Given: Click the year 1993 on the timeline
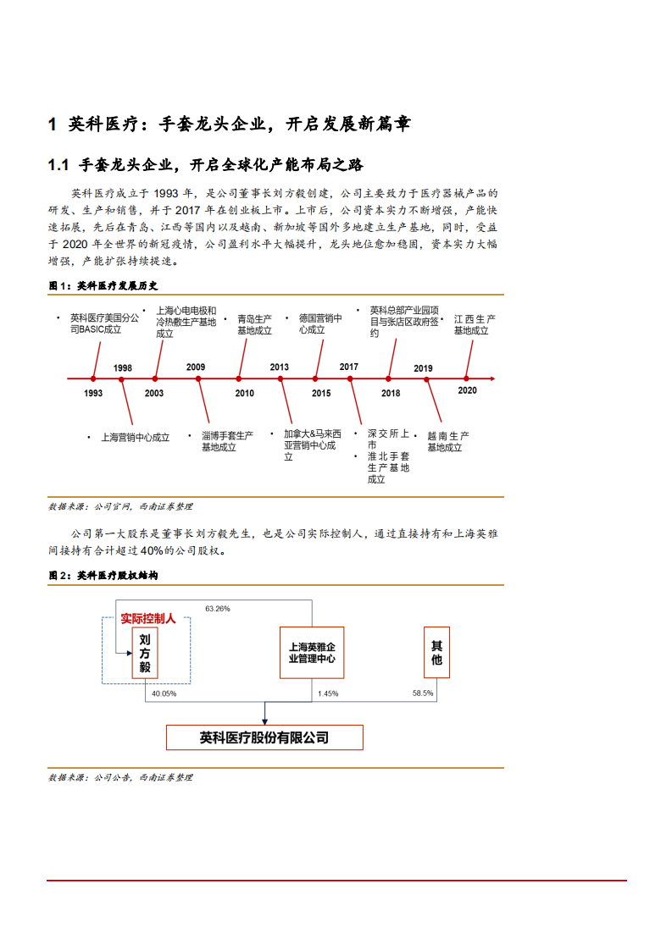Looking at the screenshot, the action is (93, 393).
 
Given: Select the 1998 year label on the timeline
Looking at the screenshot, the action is (123, 367).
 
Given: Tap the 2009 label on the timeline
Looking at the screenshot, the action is (196, 367).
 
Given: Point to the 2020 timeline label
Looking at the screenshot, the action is (467, 390).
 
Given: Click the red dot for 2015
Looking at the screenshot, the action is (315, 378).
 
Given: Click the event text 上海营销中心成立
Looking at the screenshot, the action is (135, 438).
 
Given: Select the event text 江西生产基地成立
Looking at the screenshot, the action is (474, 325).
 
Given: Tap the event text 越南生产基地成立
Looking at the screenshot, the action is (447, 441).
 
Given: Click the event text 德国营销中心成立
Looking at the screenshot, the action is (319, 324).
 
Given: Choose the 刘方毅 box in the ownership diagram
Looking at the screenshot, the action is (145, 653).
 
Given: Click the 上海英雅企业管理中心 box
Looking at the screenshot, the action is (312, 652).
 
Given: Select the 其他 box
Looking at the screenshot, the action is (436, 653).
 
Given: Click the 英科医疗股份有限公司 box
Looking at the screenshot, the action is (264, 737).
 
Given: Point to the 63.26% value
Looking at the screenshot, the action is (218, 609).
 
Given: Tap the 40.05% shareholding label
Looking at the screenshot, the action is (164, 694).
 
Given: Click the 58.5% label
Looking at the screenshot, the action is (422, 693).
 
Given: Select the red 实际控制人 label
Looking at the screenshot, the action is (148, 619).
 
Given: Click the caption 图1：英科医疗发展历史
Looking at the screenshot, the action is (103, 286).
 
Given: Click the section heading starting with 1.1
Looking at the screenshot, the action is (206, 164).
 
